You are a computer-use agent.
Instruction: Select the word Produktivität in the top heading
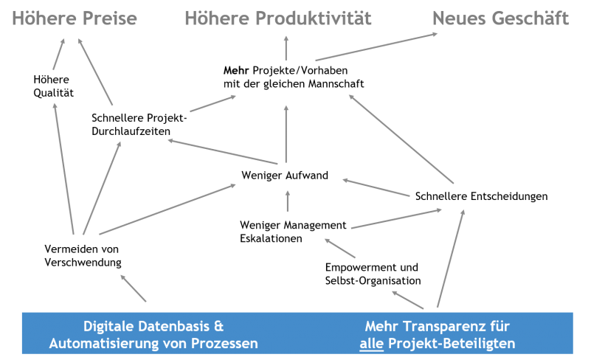pyautogui.click(x=313, y=18)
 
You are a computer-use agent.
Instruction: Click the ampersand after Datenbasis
pyautogui.click(x=218, y=326)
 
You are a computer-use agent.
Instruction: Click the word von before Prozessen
pyautogui.click(x=178, y=344)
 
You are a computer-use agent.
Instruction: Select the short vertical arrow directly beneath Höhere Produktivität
pyautogui.click(x=286, y=48)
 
